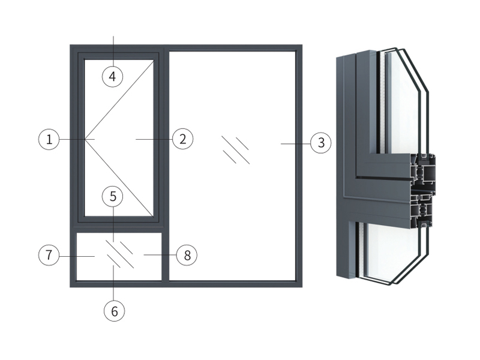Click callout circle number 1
[x=49, y=140]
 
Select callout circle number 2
[x=182, y=139]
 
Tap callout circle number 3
[x=321, y=143]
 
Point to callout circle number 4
[x=112, y=76]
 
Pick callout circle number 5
[x=112, y=196]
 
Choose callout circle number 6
[x=114, y=310]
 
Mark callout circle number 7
[x=49, y=255]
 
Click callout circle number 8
[x=187, y=255]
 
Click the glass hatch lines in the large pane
[x=235, y=150]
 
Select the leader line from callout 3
[x=295, y=143]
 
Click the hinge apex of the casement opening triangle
[x=86, y=139]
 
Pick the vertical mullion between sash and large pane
[x=165, y=162]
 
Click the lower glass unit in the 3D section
[x=390, y=252]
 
